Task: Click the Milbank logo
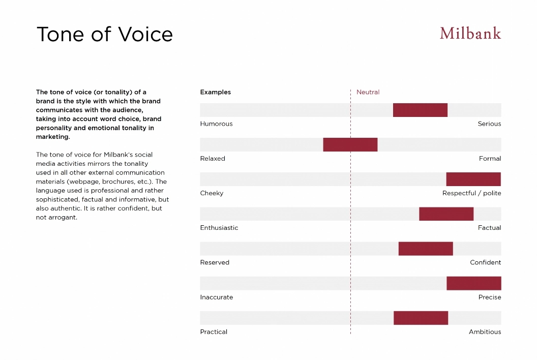click(470, 34)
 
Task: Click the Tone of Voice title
click(105, 35)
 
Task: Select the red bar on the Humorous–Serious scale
click(420, 110)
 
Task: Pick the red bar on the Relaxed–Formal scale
click(350, 144)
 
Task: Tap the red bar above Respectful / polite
click(473, 179)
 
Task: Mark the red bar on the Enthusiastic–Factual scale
click(446, 214)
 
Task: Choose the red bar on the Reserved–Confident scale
click(426, 249)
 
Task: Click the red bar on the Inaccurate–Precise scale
click(474, 283)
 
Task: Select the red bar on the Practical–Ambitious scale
click(421, 318)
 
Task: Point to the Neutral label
click(368, 92)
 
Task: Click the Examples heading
click(215, 92)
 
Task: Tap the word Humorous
click(216, 124)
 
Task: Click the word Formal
click(490, 158)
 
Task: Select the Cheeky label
click(212, 193)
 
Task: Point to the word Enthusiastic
click(219, 228)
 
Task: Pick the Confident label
click(485, 262)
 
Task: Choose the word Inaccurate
click(216, 297)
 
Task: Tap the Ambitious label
click(485, 332)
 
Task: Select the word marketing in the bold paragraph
click(52, 137)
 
